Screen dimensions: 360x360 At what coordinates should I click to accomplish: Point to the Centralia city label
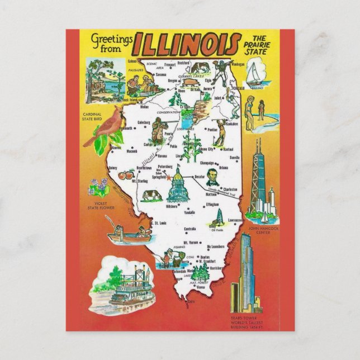click(190, 229)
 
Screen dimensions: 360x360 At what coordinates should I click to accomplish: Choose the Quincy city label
click(114, 166)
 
